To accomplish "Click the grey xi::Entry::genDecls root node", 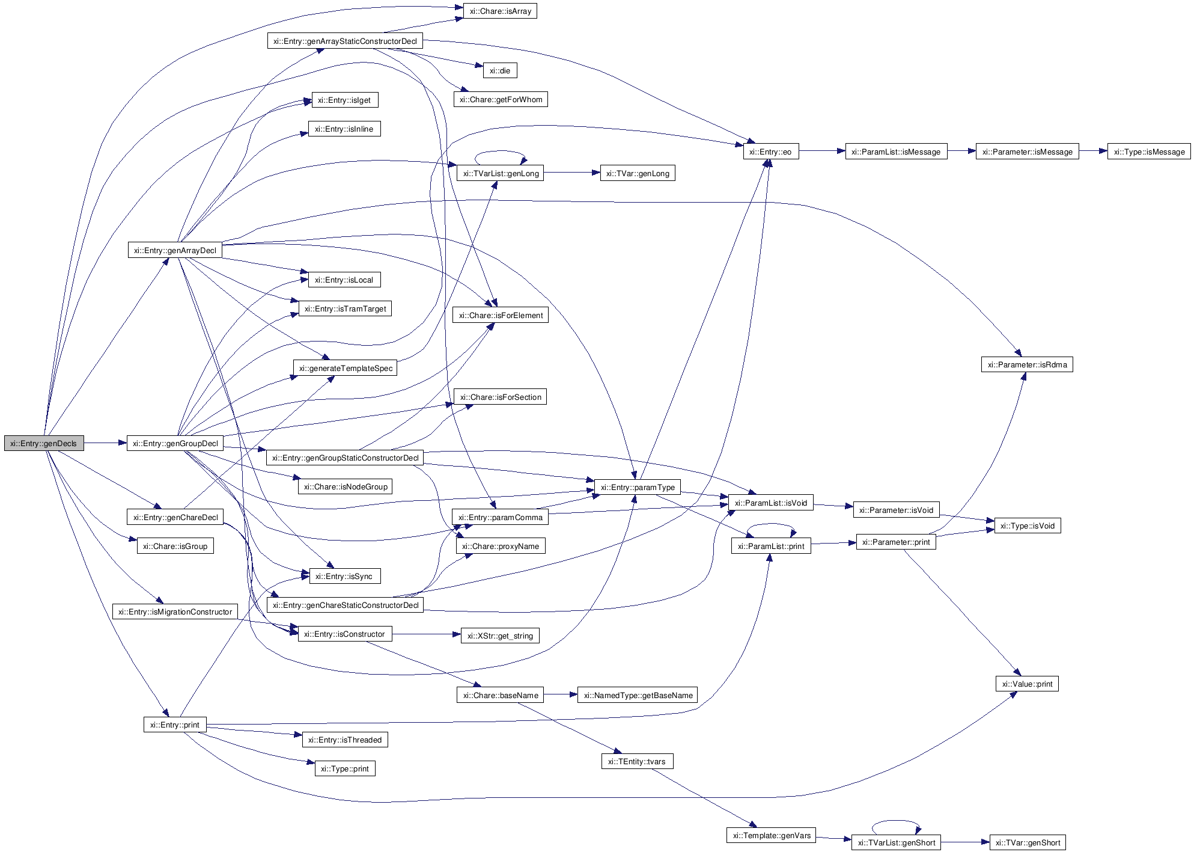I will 44,444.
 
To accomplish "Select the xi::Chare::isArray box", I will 500,11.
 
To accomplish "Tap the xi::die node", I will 500,70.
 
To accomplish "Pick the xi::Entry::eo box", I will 771,152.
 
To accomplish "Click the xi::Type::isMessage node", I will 1149,152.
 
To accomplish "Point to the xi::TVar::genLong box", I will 638,173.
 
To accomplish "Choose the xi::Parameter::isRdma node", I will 1027,364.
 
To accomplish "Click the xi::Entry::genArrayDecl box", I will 175,250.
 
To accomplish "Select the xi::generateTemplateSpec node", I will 346,368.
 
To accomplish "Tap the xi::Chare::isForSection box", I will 500,397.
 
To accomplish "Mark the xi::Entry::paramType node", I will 638,487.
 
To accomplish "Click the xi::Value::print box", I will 1027,684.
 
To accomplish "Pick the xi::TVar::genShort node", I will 1028,842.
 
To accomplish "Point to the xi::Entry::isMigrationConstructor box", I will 175,611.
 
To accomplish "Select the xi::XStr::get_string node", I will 500,636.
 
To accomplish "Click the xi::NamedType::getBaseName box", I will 638,695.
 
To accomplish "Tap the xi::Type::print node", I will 345,768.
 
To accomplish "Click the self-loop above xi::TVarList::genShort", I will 896,821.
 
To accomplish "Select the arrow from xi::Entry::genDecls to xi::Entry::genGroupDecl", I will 105,444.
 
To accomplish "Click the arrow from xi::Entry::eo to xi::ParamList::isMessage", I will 821,152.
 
